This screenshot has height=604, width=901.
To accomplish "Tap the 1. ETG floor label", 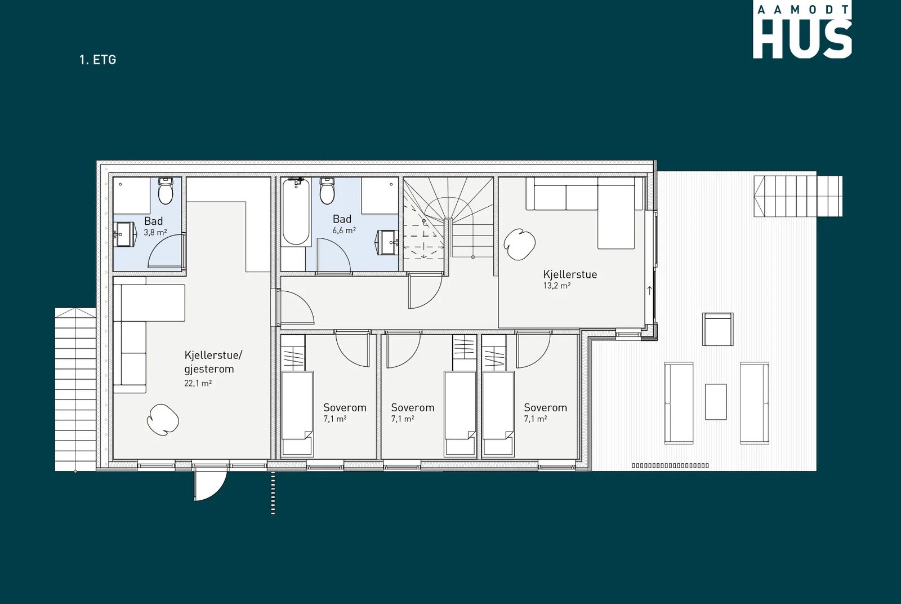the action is click(98, 60).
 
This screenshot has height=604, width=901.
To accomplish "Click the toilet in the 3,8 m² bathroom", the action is click(166, 191).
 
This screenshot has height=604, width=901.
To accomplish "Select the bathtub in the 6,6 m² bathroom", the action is click(296, 212).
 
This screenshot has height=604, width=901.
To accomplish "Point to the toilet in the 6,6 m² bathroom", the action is click(327, 191).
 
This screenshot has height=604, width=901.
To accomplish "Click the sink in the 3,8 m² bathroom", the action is click(125, 234).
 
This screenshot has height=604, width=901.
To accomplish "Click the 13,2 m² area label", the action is click(557, 286).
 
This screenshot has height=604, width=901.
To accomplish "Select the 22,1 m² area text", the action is click(198, 383).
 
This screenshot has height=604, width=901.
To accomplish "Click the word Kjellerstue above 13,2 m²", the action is click(570, 274).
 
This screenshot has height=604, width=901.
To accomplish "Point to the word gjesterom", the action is click(209, 370).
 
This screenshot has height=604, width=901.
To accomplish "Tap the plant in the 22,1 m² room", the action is click(163, 420).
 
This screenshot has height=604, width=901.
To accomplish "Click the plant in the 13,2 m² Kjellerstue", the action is click(520, 245).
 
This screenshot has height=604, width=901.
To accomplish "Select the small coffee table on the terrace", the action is click(716, 402).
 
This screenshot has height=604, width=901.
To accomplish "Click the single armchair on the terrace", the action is click(718, 329).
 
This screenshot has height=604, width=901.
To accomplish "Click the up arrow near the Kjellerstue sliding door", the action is click(649, 290).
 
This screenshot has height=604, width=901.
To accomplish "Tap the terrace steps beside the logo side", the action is click(798, 197).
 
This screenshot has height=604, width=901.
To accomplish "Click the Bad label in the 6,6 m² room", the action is click(342, 219).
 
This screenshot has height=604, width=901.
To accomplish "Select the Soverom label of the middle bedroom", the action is click(413, 407).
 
